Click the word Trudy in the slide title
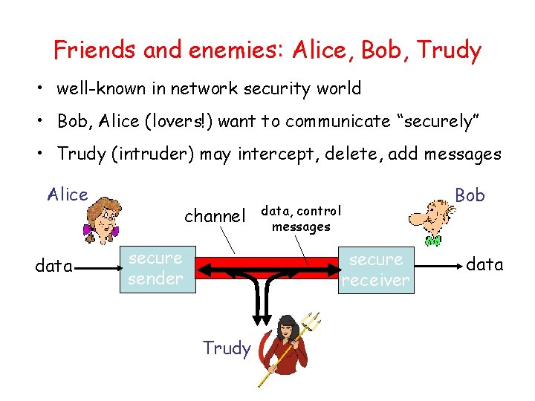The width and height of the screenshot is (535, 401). point(449,50)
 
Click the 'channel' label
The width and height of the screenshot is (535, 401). point(214,216)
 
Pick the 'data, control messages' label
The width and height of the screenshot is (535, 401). point(301,219)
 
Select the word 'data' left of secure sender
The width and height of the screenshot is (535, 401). point(53,265)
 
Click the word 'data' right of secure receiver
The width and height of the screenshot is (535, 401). point(484,264)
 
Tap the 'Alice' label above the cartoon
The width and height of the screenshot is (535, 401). point(68,195)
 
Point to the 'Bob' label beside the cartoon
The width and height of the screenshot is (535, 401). point(470,195)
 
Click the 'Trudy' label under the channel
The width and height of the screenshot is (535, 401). point(227,348)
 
